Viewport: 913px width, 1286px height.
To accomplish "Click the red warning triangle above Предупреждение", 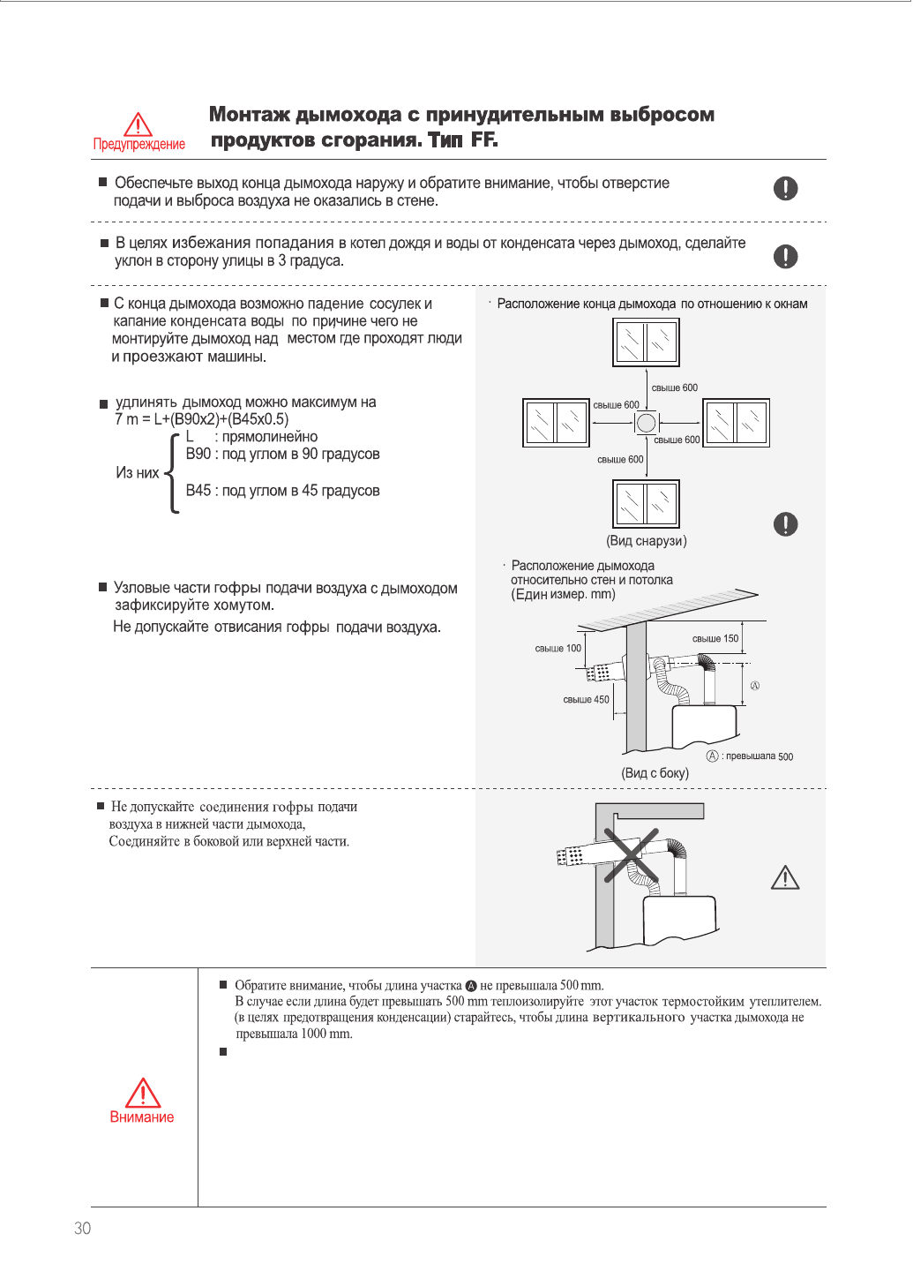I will (x=138, y=124).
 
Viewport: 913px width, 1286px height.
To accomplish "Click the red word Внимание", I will (x=142, y=1117).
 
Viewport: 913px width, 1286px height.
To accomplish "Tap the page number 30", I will (x=83, y=1229).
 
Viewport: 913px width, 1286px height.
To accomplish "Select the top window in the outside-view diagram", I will (x=646, y=342).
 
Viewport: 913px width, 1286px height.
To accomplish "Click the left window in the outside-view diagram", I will (x=556, y=423).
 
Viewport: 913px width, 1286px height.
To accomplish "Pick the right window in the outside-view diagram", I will (x=736, y=423).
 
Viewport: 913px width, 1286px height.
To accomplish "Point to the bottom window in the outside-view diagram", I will (x=646, y=503).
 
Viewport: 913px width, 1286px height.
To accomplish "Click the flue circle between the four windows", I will (x=647, y=423).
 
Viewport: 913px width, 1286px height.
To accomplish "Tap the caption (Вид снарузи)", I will (x=647, y=541).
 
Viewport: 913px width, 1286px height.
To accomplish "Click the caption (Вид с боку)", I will (x=655, y=773).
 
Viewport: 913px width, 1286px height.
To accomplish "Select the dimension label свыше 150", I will (x=715, y=639).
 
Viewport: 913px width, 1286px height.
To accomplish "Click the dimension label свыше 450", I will (x=586, y=700).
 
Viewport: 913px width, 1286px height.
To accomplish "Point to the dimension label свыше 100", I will (x=558, y=649).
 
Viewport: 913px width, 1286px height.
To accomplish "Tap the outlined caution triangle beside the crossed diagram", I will (x=785, y=877).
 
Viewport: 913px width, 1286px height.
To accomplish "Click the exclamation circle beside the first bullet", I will (x=785, y=188).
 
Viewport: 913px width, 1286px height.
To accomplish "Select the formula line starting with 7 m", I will (x=201, y=419).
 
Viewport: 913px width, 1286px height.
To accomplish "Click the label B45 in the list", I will (x=198, y=491).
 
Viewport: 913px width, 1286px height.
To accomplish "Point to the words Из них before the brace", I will (x=138, y=473).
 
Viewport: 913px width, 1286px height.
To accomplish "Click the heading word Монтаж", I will (x=249, y=115).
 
